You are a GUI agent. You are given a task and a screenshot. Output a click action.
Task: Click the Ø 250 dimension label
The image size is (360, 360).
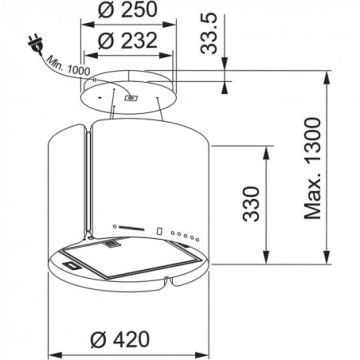127,10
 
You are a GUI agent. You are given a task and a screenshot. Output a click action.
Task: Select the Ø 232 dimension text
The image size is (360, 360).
127,41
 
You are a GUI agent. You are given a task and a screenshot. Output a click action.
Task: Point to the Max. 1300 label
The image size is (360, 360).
313,168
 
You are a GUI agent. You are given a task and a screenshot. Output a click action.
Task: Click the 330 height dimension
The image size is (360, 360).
251,204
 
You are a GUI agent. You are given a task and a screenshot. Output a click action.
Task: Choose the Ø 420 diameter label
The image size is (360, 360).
120,339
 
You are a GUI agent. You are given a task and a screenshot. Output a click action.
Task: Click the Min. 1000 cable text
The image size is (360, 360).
68,66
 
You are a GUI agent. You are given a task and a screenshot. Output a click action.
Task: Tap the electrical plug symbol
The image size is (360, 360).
36,46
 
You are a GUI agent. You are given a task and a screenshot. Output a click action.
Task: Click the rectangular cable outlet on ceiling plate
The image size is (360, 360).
130,98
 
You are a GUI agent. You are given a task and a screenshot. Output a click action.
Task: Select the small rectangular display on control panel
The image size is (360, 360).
159,231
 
